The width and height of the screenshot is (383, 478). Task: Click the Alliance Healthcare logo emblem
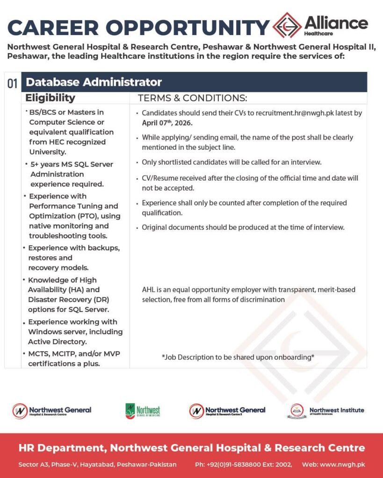(x=287, y=26)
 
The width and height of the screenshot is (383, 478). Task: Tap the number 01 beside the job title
(x=12, y=84)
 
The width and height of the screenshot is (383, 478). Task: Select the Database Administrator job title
(x=94, y=82)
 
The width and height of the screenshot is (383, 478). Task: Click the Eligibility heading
(x=50, y=98)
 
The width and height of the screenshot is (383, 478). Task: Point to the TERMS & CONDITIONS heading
(x=192, y=98)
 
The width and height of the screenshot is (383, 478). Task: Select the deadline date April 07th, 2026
(x=167, y=123)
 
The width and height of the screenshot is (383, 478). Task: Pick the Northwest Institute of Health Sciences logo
(x=325, y=411)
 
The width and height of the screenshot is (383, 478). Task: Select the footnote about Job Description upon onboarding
(x=238, y=357)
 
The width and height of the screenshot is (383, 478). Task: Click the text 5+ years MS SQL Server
(x=71, y=164)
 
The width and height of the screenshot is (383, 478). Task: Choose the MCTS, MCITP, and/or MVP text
(x=74, y=353)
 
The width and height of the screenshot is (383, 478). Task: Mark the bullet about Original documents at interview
(x=243, y=227)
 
